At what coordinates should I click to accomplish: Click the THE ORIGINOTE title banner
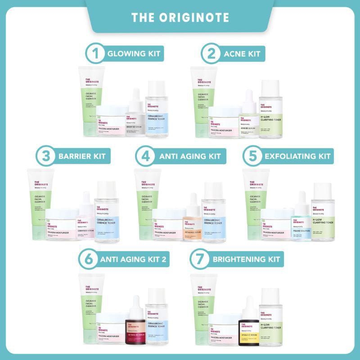pos(180,17)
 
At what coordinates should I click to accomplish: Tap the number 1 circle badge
pos(94,54)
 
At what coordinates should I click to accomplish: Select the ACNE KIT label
pos(242,54)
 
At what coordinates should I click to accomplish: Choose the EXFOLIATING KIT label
pos(297,157)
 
